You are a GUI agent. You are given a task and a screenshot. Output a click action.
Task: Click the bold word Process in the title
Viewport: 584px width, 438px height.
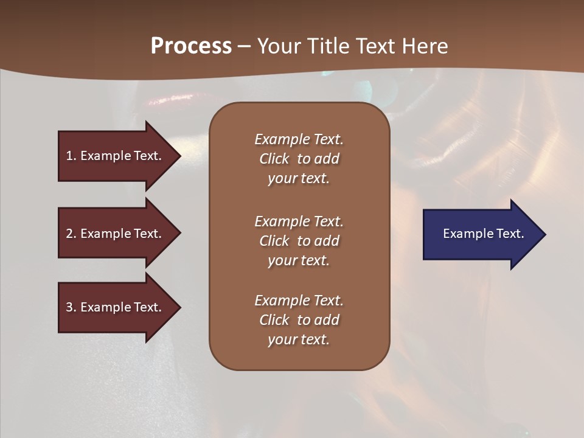191,46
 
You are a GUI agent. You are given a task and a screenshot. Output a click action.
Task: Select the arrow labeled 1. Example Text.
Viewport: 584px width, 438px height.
116,156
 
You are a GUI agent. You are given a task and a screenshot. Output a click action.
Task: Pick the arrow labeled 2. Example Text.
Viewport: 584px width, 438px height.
116,234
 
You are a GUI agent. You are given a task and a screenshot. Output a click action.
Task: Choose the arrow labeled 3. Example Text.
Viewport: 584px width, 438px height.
116,307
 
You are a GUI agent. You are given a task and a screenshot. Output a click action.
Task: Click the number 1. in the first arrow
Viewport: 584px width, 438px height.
71,156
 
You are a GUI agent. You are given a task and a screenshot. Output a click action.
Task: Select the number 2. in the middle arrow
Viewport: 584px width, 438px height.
71,234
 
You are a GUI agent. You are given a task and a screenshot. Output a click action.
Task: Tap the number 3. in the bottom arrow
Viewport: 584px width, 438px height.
71,307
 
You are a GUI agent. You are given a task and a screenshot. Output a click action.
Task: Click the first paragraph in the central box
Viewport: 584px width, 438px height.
299,159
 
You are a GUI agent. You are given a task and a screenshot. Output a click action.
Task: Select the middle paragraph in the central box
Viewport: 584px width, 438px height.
299,241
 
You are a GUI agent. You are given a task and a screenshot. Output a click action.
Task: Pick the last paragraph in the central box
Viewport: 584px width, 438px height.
299,320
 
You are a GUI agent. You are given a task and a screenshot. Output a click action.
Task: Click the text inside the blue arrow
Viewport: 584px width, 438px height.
484,234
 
